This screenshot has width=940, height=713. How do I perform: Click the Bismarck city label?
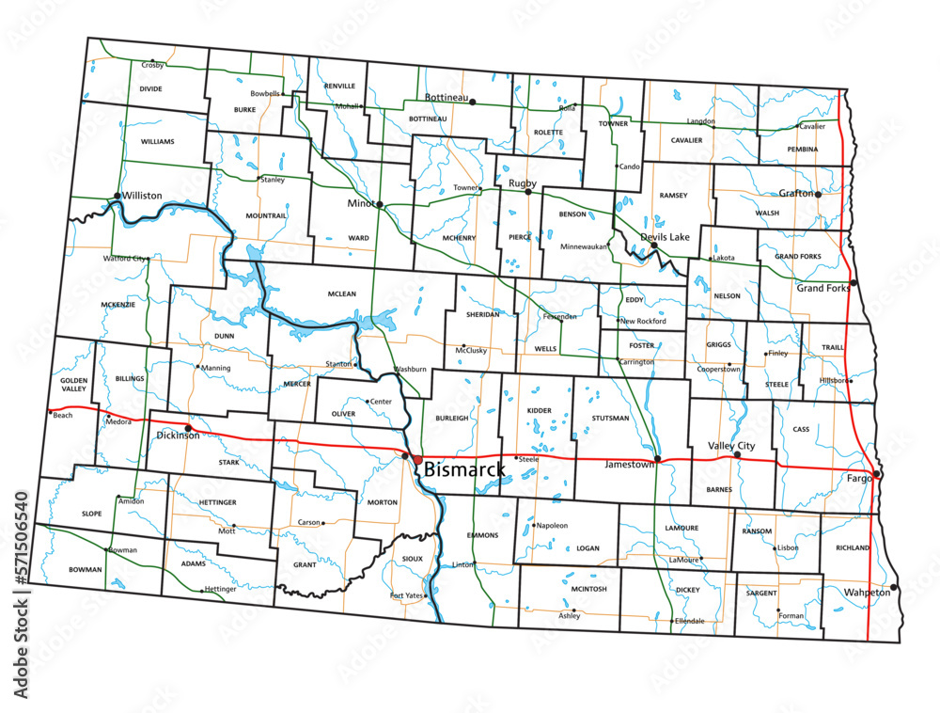click(464, 468)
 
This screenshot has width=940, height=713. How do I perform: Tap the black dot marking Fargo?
click(876, 474)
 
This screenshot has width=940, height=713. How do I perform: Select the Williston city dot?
click(117, 196)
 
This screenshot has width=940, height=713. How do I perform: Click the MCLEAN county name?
click(342, 294)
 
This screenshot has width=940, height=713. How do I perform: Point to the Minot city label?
click(360, 204)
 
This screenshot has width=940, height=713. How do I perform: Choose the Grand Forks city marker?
click(854, 283)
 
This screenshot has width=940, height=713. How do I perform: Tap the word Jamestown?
click(630, 465)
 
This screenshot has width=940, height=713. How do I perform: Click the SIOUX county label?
click(413, 559)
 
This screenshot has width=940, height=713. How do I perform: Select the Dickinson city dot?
click(188, 428)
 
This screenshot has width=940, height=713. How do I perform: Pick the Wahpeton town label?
click(866, 594)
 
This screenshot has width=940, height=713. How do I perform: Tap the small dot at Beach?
click(50, 411)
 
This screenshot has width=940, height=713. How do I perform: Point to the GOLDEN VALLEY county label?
click(74, 384)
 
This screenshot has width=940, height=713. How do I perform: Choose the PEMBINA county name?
click(802, 150)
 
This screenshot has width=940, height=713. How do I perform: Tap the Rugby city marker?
click(528, 192)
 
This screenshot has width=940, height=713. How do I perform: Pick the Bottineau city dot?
click(473, 102)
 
